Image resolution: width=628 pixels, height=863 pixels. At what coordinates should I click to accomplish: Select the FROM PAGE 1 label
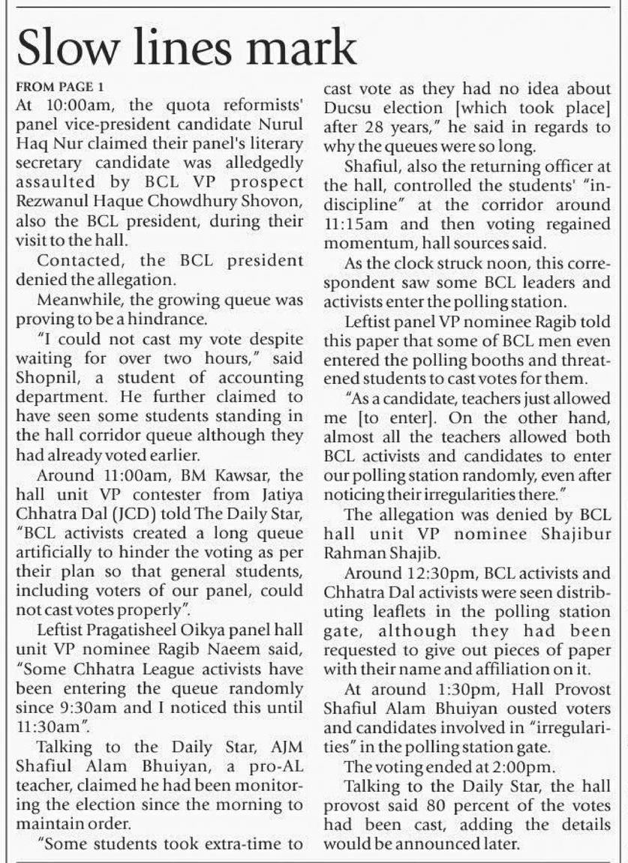coord(59,87)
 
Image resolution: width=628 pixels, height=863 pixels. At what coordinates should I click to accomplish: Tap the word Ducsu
coord(348,106)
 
